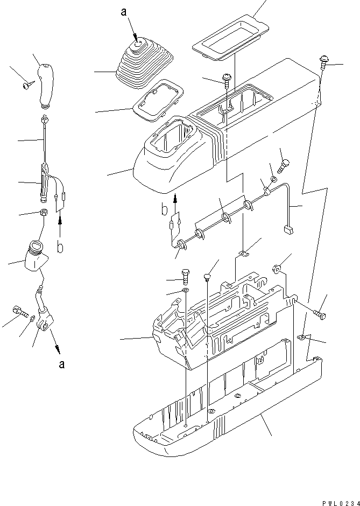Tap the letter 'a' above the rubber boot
tap(124, 11)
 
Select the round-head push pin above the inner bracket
tap(207, 277)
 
